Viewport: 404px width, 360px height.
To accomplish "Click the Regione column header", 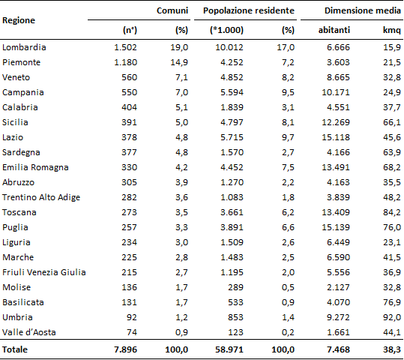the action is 19,21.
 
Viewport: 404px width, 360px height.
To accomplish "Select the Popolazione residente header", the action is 249,10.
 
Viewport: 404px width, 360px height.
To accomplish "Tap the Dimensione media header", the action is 363,10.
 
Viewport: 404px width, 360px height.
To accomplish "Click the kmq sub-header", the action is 392,30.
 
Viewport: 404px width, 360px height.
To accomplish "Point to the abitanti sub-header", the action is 334,30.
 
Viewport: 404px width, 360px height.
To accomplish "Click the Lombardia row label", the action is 24,47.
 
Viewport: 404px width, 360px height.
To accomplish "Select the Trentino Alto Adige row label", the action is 41,197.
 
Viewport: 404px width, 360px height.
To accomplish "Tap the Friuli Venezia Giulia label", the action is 44,272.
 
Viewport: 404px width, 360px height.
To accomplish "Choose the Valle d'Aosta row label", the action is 29,332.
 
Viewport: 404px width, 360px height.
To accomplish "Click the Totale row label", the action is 15,349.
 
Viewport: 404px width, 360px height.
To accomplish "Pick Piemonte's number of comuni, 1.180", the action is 125,62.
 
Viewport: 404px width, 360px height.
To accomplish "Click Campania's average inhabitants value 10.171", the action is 336,92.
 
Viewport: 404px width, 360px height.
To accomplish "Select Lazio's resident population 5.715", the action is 232,137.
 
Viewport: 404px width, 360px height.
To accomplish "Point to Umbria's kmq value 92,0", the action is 392,317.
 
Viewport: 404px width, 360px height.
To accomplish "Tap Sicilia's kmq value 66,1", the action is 392,122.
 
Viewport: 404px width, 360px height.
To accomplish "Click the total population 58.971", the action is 229,349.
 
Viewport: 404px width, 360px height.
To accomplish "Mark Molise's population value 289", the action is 236,287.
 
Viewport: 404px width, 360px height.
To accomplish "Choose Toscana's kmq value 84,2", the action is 392,212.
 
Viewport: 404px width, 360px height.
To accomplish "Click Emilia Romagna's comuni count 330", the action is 130,167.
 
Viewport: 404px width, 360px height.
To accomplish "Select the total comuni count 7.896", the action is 125,349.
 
